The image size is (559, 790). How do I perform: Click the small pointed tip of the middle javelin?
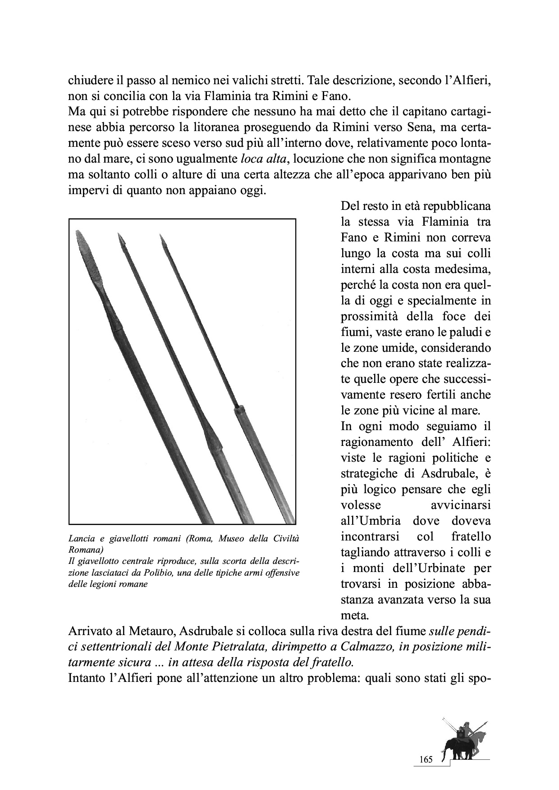(x=121, y=239)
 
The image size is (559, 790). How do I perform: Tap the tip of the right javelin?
(x=161, y=239)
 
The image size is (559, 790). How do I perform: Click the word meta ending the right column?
(x=353, y=615)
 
